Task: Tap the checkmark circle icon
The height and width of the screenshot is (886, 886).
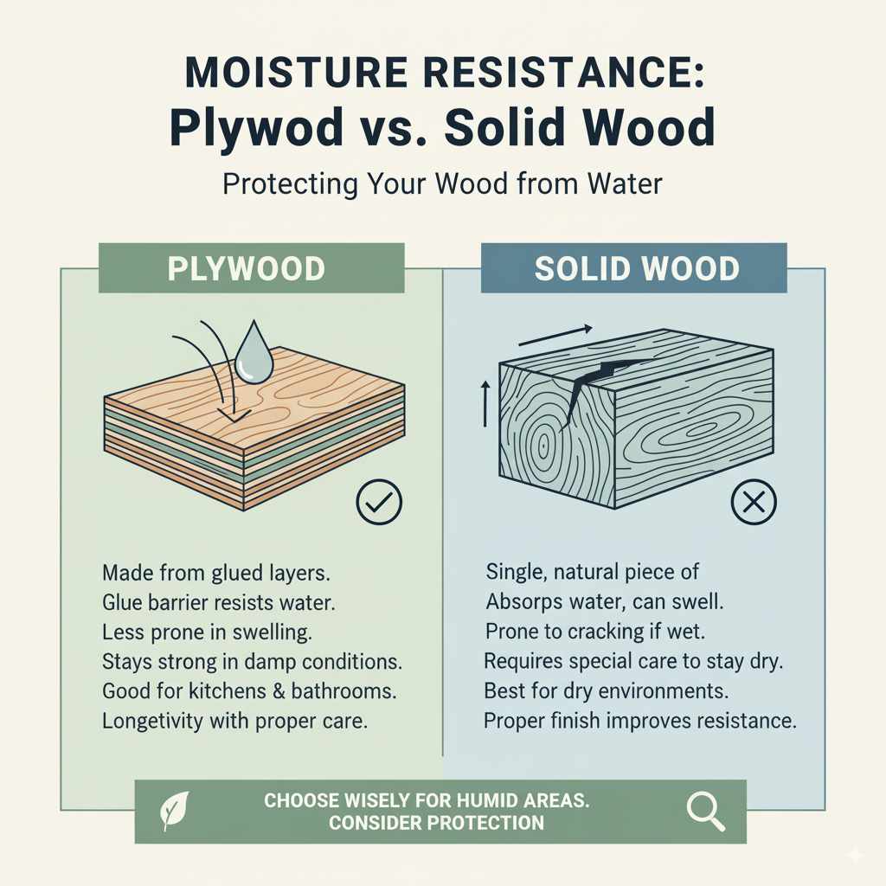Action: [379, 501]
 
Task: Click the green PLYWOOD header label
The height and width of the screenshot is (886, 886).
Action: [252, 268]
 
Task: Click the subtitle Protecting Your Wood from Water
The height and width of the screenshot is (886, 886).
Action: [442, 185]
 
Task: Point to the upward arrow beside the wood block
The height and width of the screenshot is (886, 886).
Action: [485, 402]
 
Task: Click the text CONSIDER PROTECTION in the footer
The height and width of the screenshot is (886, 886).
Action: [436, 822]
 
